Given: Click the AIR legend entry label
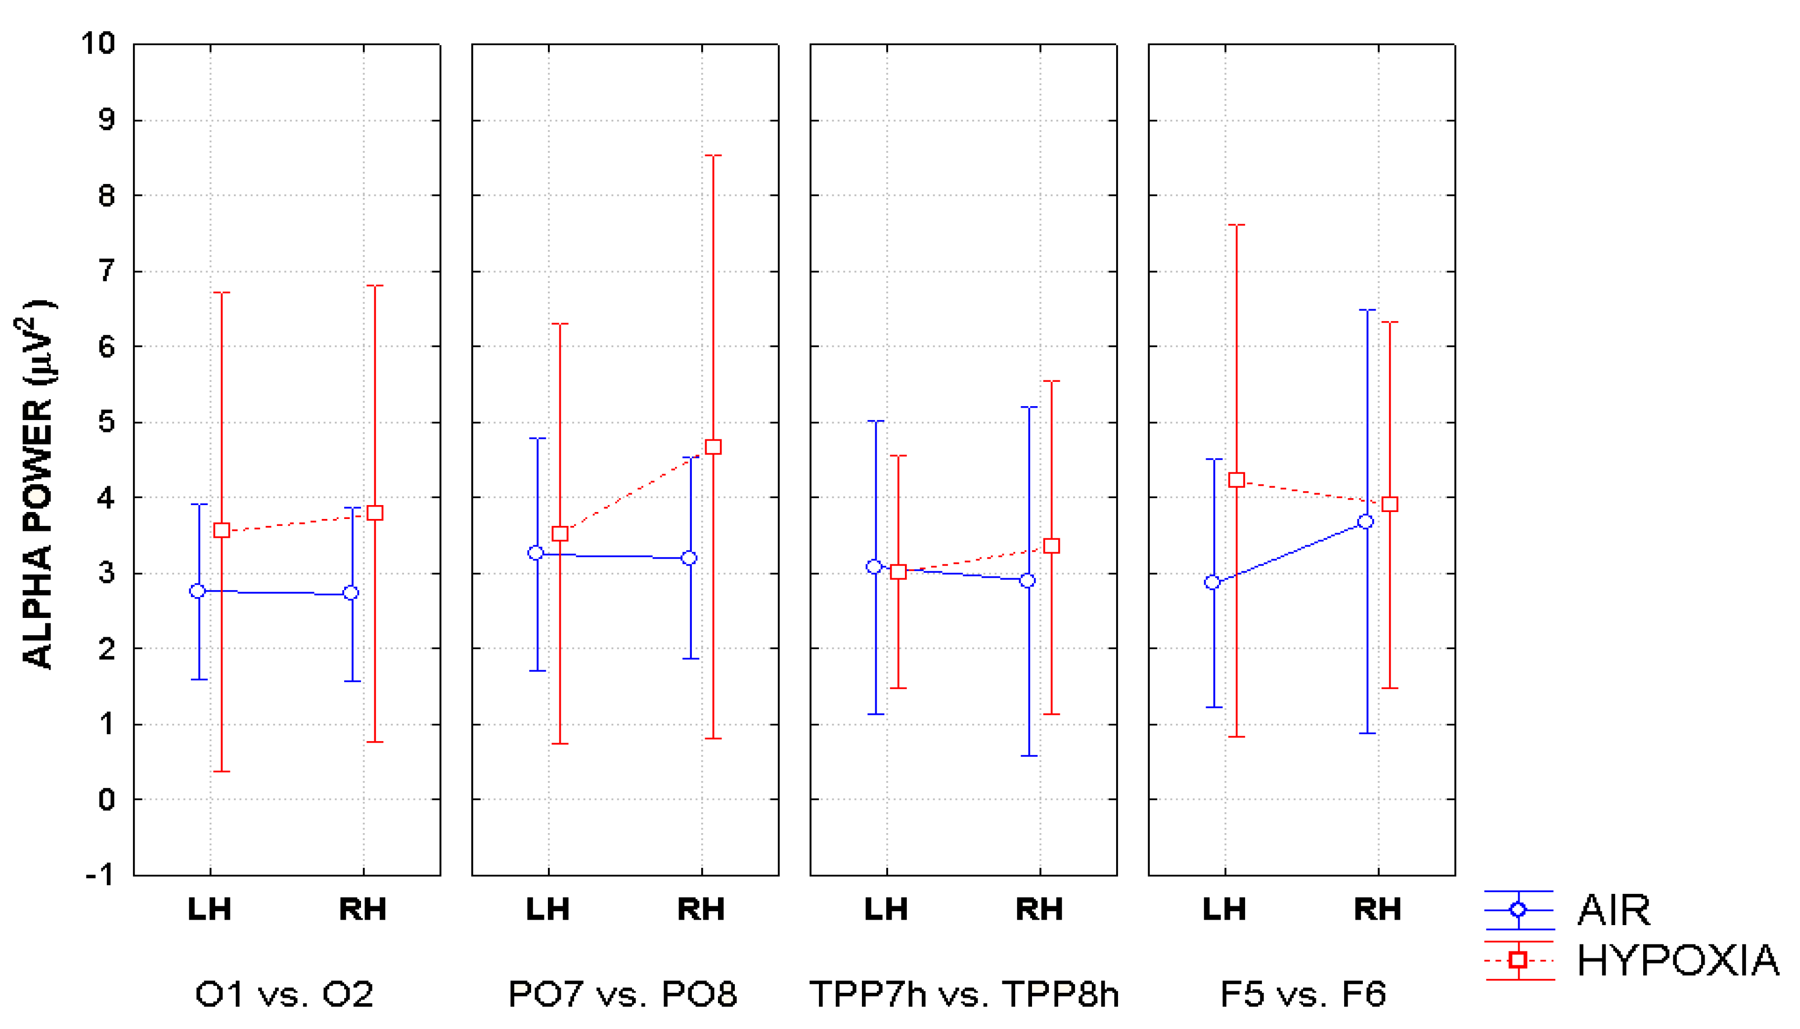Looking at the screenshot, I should point(1614,910).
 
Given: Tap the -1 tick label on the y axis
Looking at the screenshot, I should point(99,876).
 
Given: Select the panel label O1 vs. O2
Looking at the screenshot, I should point(284,994).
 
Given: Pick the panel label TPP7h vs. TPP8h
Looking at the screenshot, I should point(964,994).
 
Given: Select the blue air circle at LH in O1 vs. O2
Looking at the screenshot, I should point(198,591).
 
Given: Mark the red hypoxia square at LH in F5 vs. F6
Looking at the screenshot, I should point(1236,480).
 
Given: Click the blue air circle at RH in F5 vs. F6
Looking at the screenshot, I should point(1365,521).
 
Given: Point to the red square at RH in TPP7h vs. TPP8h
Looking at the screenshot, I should point(1051,546).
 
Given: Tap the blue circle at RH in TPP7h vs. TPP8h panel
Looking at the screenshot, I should point(1028,580).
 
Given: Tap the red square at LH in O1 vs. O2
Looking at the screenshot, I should point(221,530).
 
